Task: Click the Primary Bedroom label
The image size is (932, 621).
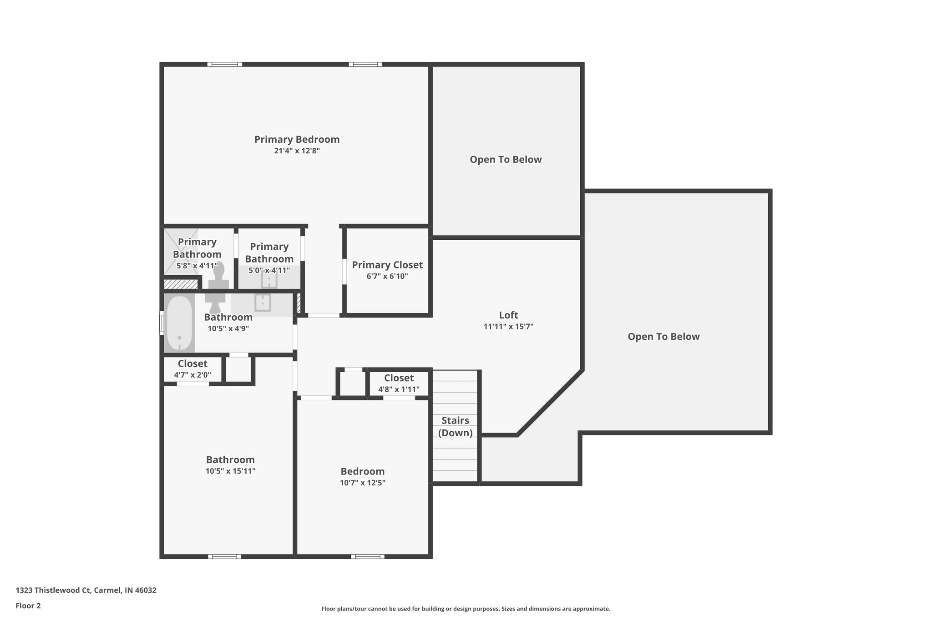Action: [297, 139]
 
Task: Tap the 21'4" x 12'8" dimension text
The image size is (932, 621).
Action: [297, 151]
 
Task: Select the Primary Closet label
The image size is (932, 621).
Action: [387, 265]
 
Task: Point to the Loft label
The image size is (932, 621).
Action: [508, 315]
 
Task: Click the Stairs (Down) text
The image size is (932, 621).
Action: [455, 427]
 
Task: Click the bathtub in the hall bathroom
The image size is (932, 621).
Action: [179, 323]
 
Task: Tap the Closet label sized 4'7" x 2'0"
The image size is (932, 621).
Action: [192, 364]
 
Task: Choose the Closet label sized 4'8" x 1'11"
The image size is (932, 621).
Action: [399, 378]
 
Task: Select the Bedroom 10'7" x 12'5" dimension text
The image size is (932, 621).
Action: [363, 483]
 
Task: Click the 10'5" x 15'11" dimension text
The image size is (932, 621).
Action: [230, 471]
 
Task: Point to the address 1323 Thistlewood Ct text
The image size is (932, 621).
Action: [86, 591]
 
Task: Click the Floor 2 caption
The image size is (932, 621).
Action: [28, 606]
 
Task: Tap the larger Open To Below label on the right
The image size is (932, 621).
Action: [664, 337]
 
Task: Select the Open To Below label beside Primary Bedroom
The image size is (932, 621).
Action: [506, 160]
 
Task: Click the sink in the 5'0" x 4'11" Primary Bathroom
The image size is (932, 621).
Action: [269, 280]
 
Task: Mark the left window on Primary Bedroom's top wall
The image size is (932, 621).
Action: [225, 65]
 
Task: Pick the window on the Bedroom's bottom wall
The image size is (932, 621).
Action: [367, 556]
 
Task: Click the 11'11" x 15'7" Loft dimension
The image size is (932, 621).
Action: [508, 327]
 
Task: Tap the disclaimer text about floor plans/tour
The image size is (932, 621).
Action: [466, 609]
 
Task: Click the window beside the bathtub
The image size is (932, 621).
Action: [162, 323]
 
